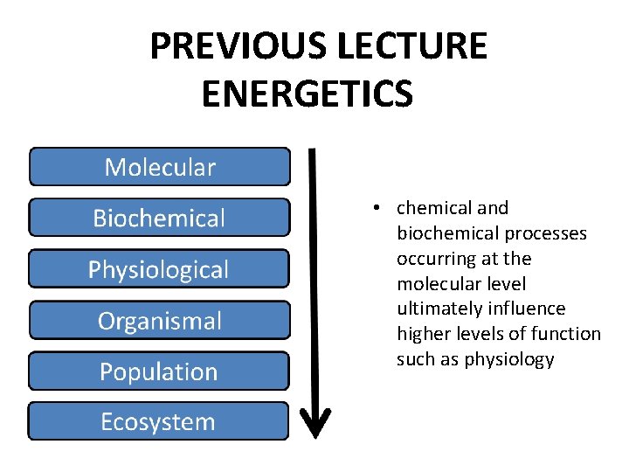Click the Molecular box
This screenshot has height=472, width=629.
tap(160, 167)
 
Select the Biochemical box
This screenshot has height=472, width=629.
tap(160, 218)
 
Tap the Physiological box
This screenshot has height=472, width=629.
tap(159, 269)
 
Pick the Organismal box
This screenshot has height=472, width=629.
tap(159, 320)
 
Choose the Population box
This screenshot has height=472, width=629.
tap(159, 371)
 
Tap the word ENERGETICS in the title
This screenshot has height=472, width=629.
tap(307, 94)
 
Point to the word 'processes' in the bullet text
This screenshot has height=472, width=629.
tap(550, 233)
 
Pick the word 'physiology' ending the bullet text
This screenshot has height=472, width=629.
tap(510, 359)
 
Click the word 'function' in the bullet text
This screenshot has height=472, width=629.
tap(569, 334)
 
